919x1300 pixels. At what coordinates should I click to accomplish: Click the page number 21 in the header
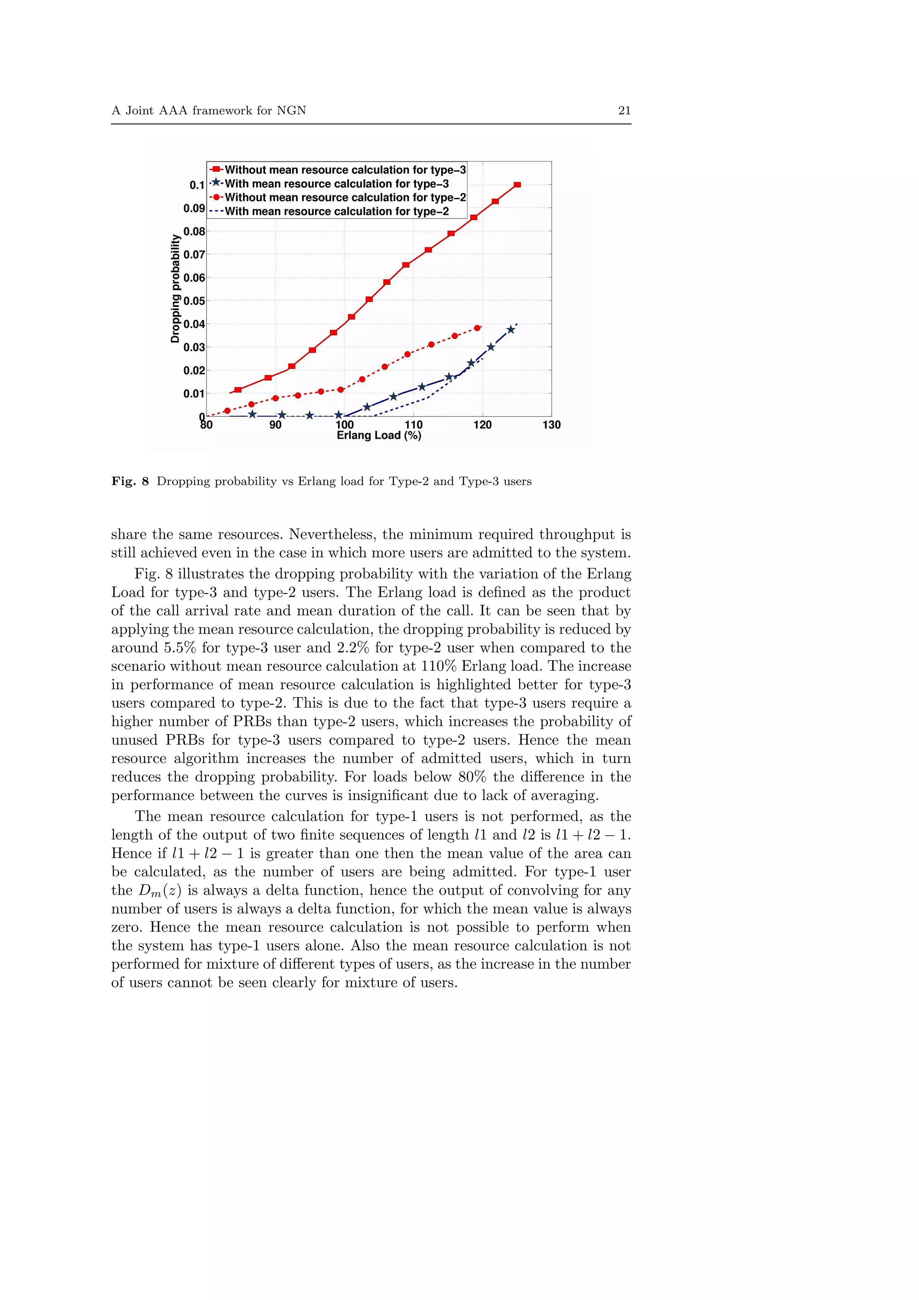(624, 110)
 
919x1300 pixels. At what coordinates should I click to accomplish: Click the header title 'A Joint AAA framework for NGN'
(208, 110)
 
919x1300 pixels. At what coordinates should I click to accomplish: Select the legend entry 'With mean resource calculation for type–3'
(337, 183)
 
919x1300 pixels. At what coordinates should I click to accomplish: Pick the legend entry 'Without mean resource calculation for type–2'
(345, 198)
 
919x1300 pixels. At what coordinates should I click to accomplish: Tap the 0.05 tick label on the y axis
(194, 301)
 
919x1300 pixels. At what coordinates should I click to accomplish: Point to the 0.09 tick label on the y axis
(194, 208)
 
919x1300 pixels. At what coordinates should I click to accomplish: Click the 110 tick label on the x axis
(413, 425)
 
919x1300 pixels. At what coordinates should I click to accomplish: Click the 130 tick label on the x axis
(551, 425)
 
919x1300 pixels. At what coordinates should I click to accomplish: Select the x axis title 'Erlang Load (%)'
(379, 436)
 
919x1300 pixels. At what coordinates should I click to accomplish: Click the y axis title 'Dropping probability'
(175, 289)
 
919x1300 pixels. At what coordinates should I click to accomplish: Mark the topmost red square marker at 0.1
(517, 184)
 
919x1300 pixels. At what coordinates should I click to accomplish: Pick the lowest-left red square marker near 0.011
(238, 389)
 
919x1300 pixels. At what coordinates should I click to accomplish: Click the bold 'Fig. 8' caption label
(130, 481)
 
